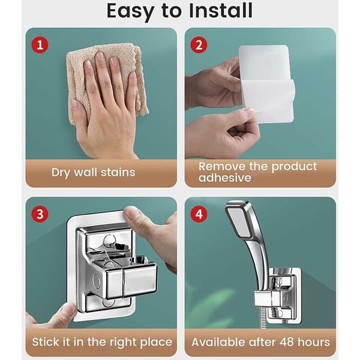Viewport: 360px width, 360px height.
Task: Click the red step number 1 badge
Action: (40, 45)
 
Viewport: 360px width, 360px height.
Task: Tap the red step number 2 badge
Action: (199, 45)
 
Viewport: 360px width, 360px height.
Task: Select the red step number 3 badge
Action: (40, 214)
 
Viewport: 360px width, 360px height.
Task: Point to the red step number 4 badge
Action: (199, 214)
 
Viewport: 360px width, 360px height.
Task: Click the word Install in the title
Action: (221, 11)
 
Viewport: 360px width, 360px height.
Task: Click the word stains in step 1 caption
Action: (118, 172)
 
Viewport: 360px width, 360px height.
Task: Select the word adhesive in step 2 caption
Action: (225, 178)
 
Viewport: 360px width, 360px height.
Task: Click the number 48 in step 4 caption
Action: (287, 342)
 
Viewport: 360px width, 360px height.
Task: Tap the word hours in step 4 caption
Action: (314, 342)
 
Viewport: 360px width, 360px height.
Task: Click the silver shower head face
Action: (238, 223)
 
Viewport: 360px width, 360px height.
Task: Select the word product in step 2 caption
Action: (294, 167)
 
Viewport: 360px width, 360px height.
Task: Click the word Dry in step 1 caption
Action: (61, 173)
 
